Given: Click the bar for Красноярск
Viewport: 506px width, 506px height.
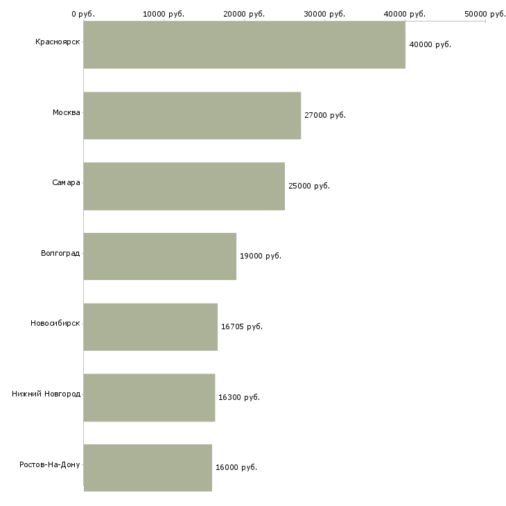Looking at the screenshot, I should click(x=244, y=45).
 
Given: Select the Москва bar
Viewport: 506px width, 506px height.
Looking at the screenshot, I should click(x=192, y=115).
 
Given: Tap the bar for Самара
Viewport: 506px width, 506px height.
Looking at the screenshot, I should click(x=184, y=186).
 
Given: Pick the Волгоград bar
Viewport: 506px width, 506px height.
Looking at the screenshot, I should click(x=159, y=256).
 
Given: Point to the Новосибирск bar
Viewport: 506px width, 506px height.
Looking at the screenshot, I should click(x=150, y=326).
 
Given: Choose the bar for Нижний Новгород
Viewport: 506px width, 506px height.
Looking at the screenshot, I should click(x=149, y=397).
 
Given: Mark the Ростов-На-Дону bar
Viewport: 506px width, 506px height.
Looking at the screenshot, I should click(x=148, y=467).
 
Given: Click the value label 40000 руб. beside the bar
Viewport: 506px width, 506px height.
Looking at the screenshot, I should click(x=430, y=45).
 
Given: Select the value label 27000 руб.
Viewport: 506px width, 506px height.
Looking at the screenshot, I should click(x=324, y=116).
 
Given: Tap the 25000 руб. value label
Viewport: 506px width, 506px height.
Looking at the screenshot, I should click(x=308, y=186).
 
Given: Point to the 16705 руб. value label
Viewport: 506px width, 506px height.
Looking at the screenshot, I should click(x=241, y=327).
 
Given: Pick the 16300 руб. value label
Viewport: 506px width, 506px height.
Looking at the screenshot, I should click(x=238, y=398).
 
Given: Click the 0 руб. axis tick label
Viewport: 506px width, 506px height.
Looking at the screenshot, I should click(x=83, y=14).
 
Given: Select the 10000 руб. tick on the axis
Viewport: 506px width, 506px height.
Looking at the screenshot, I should click(x=164, y=14).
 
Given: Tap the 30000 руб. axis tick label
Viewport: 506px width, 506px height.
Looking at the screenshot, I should click(x=324, y=14).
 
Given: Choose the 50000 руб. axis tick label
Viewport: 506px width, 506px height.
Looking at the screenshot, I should click(x=485, y=14).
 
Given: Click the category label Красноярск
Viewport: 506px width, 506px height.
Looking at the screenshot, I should click(x=58, y=42).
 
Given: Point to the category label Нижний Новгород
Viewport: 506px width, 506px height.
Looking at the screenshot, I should click(x=46, y=394).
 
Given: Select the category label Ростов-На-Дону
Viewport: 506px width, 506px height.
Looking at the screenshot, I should click(x=50, y=464).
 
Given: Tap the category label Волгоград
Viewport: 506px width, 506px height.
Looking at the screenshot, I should click(x=60, y=253).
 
